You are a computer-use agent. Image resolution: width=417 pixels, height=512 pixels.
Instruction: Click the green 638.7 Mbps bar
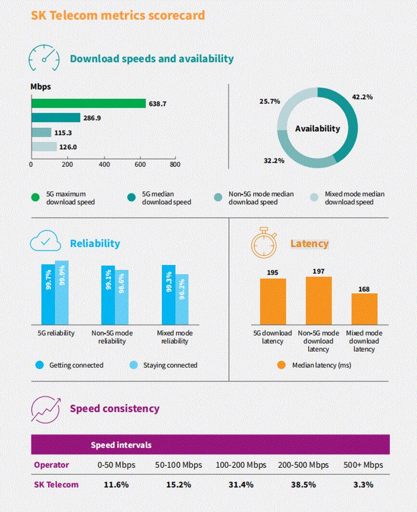pyautogui.click(x=88, y=104)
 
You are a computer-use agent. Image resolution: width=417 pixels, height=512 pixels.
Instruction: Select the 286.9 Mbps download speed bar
pyautogui.click(x=56, y=118)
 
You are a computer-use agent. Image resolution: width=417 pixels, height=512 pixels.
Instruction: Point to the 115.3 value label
pyautogui.click(x=64, y=132)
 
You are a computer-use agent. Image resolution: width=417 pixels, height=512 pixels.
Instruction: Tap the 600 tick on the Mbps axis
pyautogui.click(x=140, y=164)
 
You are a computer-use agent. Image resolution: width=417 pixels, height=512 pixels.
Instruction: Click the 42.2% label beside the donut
pyautogui.click(x=362, y=97)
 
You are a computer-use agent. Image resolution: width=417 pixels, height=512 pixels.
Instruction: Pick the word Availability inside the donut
pyautogui.click(x=317, y=129)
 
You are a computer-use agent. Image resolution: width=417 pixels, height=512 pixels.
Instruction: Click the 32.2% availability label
pyautogui.click(x=274, y=160)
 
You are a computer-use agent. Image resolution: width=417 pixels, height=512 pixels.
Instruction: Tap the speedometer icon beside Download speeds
pyautogui.click(x=43, y=59)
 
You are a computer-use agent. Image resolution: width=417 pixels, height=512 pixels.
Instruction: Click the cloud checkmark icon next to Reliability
pyautogui.click(x=45, y=242)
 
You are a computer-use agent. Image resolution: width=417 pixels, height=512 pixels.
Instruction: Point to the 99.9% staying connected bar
pyautogui.click(x=62, y=292)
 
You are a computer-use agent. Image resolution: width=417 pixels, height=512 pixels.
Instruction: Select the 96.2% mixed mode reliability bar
pyautogui.click(x=182, y=299)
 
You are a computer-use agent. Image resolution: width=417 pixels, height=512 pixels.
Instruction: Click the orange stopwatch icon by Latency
pyautogui.click(x=264, y=242)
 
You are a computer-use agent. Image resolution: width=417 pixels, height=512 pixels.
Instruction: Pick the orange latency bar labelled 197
pyautogui.click(x=319, y=301)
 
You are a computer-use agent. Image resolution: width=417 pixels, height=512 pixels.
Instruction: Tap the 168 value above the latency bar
pyautogui.click(x=364, y=289)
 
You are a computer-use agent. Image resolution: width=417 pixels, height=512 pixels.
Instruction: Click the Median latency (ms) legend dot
pyautogui.click(x=282, y=365)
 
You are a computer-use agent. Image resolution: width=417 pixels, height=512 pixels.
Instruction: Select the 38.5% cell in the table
pyautogui.click(x=303, y=485)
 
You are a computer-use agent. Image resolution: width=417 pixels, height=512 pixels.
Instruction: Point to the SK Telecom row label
pyautogui.click(x=56, y=485)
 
